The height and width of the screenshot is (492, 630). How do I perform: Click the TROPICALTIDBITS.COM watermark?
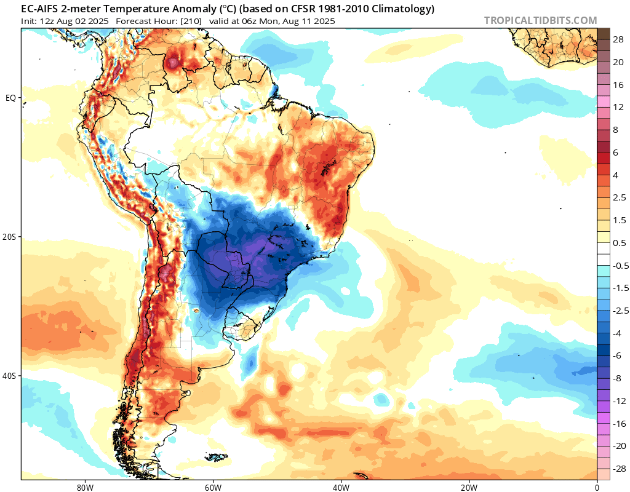540,20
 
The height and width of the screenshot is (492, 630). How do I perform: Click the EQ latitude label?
10,98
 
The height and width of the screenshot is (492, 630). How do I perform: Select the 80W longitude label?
85,486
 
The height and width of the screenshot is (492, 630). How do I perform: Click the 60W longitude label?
213,486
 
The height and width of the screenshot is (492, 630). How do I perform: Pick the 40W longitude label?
341,486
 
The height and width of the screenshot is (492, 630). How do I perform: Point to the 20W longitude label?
469,486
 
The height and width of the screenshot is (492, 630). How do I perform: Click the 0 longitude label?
597,486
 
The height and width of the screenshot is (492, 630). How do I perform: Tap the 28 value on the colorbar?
619,39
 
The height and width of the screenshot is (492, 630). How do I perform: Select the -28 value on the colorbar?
619,469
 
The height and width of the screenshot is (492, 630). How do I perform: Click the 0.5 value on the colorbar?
620,243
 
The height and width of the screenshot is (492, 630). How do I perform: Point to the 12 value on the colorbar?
619,107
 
